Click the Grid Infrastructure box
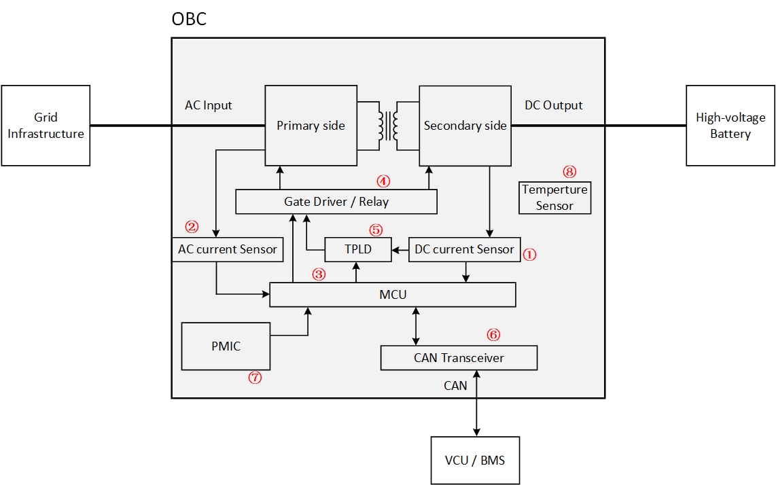(x=46, y=126)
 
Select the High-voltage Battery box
(x=730, y=126)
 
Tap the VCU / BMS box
(x=475, y=460)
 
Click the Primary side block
(x=311, y=125)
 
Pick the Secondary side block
(x=465, y=125)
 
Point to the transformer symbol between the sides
(x=388, y=125)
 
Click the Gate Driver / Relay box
(x=336, y=202)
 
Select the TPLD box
(x=358, y=249)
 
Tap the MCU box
(x=393, y=295)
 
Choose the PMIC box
(x=226, y=346)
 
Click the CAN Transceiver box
(x=459, y=358)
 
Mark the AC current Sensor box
(x=227, y=249)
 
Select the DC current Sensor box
(x=464, y=249)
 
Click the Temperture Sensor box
(x=554, y=198)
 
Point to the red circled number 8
(x=569, y=171)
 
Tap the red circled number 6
(x=493, y=334)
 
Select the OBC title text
(x=189, y=19)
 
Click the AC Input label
(x=209, y=105)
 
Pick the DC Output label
(x=554, y=105)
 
